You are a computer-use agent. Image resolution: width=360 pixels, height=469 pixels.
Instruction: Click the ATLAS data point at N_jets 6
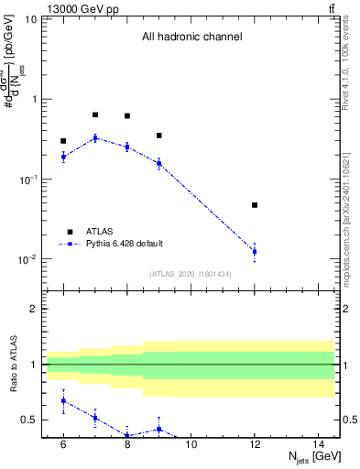pos(63,141)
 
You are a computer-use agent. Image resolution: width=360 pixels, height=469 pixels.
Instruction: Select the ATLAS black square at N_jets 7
pos(95,115)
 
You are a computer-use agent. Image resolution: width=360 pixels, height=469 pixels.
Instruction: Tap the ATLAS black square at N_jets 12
pos(255,205)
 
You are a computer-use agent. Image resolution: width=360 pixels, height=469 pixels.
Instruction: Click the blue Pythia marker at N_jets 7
pos(95,138)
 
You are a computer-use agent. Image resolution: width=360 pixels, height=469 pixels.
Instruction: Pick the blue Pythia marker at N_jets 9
pos(159,163)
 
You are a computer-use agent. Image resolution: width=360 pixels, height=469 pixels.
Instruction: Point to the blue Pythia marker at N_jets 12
pos(255,251)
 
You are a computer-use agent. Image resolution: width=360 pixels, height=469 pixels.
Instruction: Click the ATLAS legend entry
pos(94,232)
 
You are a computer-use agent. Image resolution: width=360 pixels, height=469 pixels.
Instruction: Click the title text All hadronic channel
pos(191,38)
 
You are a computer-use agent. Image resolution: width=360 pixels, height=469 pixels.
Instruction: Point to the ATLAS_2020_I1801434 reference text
pos(191,274)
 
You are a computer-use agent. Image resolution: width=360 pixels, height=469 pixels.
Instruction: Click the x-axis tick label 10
pos(191,444)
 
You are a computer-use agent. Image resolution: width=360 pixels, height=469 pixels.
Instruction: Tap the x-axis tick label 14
pos(318,444)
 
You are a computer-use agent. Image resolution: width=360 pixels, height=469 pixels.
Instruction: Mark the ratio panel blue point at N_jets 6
pos(63,400)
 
